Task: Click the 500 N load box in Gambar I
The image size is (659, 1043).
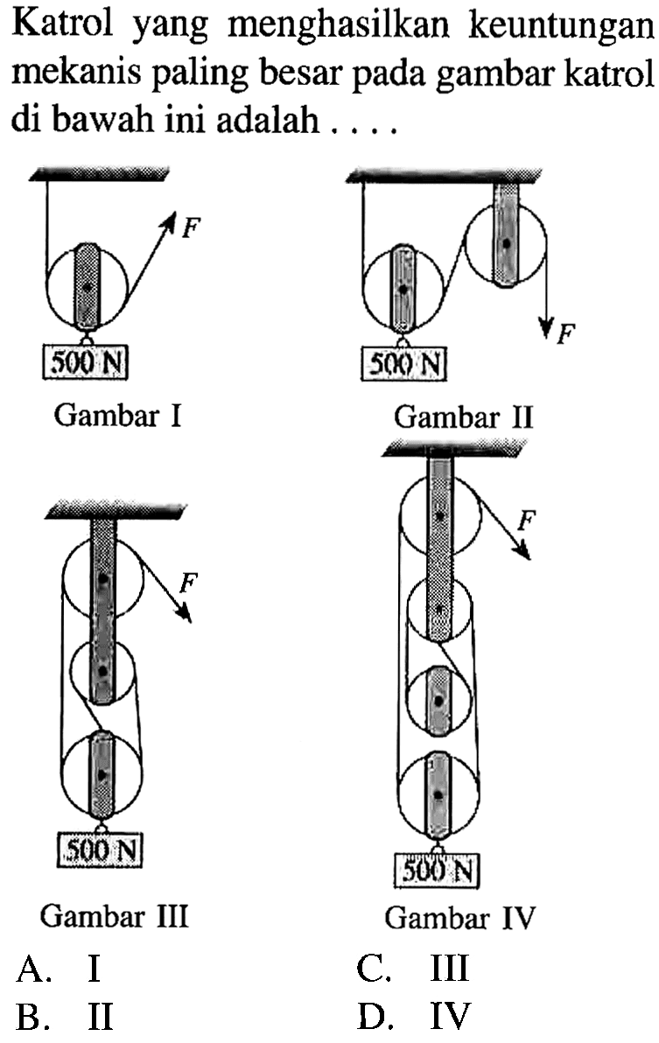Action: [x=84, y=359]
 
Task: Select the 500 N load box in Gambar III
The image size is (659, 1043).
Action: [x=100, y=848]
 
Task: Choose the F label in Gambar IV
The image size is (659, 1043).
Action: [x=527, y=523]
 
